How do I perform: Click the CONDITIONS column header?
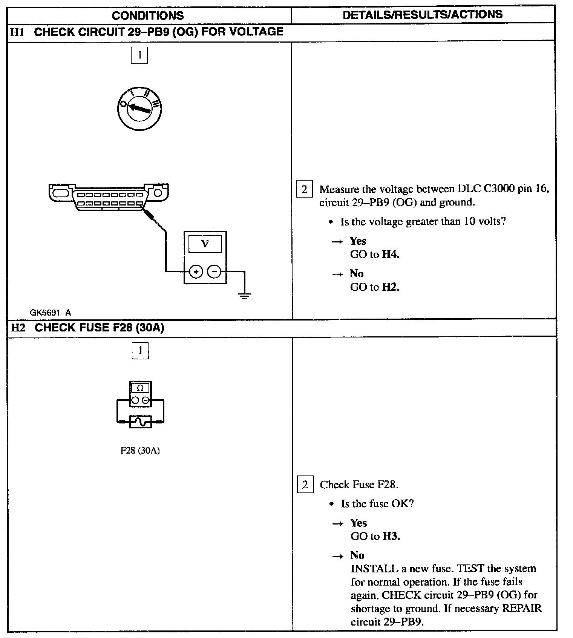(148, 15)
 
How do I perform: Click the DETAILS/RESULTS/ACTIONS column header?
(422, 14)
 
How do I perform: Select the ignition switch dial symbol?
(139, 108)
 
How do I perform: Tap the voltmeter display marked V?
(205, 244)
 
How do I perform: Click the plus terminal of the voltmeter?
(196, 271)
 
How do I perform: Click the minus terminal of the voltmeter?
(214, 271)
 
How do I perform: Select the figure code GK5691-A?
(50, 312)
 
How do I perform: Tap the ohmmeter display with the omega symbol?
(140, 388)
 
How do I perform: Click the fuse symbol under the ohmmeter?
(140, 422)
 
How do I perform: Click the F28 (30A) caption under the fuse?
(140, 451)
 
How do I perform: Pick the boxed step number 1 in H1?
(139, 55)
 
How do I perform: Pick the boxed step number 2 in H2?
(305, 485)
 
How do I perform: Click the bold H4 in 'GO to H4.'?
(390, 255)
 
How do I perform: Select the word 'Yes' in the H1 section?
(358, 241)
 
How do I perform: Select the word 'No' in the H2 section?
(357, 555)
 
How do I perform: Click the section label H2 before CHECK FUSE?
(18, 327)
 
